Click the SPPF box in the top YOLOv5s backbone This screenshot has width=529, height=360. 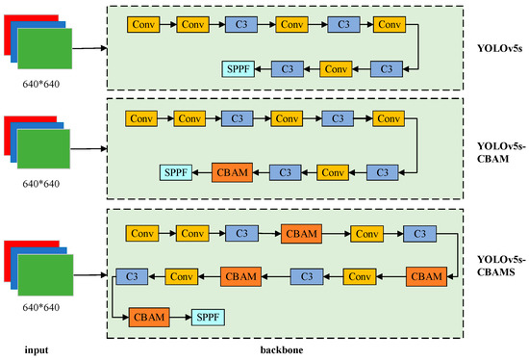click(237, 68)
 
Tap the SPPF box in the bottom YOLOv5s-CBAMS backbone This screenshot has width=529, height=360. click(206, 315)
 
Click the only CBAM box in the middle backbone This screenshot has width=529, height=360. click(230, 172)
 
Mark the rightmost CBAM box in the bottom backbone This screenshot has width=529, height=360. click(425, 276)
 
